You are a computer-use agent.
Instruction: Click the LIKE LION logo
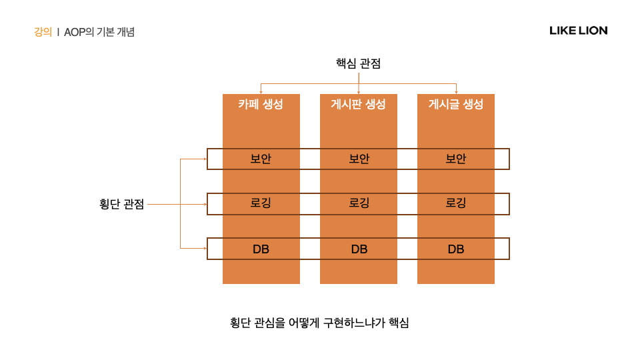[578, 31]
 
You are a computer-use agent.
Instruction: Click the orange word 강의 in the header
[43, 31]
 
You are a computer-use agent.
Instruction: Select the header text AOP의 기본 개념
[99, 31]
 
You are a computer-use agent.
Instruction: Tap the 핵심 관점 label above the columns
[358, 63]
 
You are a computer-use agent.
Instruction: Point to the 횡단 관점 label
[121, 205]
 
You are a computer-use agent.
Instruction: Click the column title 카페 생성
[261, 104]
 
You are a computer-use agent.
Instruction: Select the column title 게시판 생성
[359, 104]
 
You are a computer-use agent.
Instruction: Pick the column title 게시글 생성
[456, 104]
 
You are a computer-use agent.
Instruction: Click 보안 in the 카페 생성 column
[261, 159]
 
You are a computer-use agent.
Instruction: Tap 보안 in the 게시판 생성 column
[359, 159]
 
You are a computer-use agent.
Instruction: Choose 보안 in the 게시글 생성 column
[456, 159]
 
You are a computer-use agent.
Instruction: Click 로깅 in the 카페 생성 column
[261, 203]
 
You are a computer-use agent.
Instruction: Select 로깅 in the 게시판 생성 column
[359, 203]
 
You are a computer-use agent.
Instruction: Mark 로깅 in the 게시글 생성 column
[456, 203]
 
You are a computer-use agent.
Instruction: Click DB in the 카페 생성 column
[261, 249]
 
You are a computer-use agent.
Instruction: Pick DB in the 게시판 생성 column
[359, 249]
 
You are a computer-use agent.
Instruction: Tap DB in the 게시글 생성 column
[456, 249]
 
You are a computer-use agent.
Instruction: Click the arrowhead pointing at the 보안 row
[204, 159]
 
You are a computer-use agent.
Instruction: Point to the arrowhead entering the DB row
[204, 249]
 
